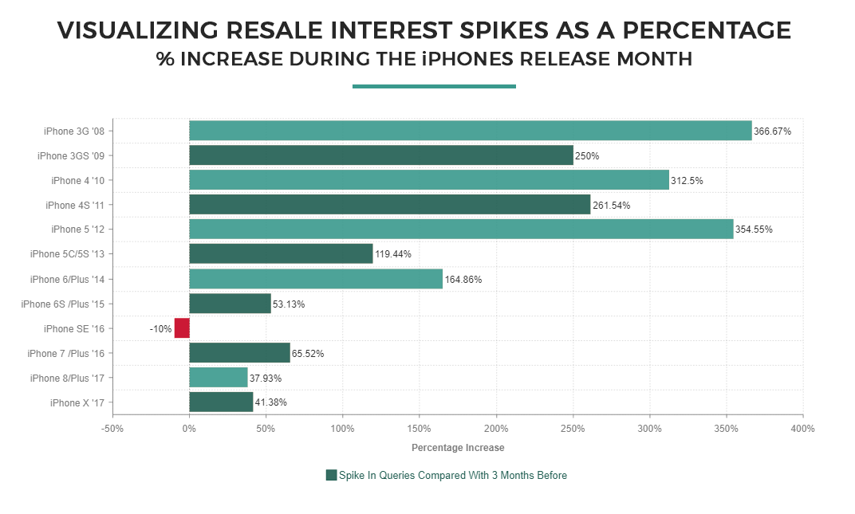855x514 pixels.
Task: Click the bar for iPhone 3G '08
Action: click(x=471, y=131)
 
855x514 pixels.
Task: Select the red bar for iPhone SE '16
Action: click(x=182, y=328)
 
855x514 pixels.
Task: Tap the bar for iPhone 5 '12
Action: click(x=461, y=230)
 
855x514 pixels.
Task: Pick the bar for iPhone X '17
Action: click(x=221, y=402)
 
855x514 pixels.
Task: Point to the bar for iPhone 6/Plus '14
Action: click(x=316, y=279)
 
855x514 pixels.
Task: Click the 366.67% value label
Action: click(x=773, y=131)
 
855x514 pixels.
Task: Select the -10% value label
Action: click(x=160, y=328)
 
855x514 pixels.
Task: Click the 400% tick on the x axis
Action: click(x=802, y=429)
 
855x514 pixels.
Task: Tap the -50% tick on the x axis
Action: click(x=112, y=429)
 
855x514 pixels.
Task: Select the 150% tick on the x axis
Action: click(x=419, y=429)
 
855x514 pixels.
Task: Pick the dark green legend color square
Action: click(x=332, y=476)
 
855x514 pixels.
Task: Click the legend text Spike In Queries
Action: click(x=453, y=476)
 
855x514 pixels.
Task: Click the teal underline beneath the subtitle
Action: click(x=434, y=86)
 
